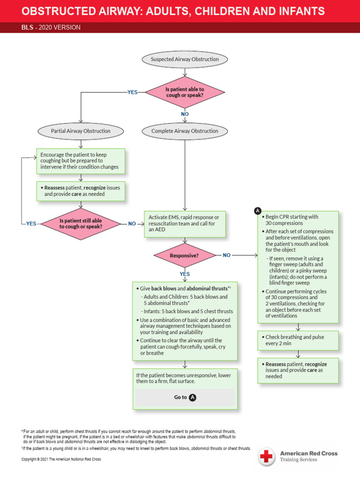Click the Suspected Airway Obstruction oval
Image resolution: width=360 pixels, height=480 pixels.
click(x=185, y=60)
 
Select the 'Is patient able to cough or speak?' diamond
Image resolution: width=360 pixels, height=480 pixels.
click(x=185, y=92)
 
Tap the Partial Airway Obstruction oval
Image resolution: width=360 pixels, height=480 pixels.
click(x=81, y=131)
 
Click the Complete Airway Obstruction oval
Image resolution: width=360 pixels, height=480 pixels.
click(x=185, y=131)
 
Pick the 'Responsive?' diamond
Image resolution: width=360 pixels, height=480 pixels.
click(x=184, y=256)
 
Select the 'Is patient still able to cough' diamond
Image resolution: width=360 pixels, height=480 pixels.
click(x=81, y=224)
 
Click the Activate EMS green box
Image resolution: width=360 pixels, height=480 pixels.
click(x=184, y=224)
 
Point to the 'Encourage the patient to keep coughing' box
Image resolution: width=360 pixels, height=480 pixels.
click(x=81, y=161)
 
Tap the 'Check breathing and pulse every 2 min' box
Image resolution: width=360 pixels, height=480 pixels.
click(x=298, y=340)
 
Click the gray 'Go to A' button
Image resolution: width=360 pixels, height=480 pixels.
click(x=185, y=397)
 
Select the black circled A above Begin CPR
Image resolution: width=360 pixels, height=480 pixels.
click(x=258, y=211)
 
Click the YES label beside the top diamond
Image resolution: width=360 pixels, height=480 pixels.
click(x=133, y=92)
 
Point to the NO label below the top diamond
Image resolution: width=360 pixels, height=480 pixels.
click(x=185, y=114)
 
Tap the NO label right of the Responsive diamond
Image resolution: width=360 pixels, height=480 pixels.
click(x=226, y=255)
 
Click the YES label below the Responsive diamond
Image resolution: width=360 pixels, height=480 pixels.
click(x=185, y=274)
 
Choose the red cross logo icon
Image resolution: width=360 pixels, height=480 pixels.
click(x=267, y=457)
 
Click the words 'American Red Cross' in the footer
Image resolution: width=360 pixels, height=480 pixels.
click(x=308, y=453)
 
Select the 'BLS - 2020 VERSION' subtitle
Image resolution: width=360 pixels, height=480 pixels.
click(x=51, y=28)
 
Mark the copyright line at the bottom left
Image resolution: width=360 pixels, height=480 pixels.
click(x=61, y=459)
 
